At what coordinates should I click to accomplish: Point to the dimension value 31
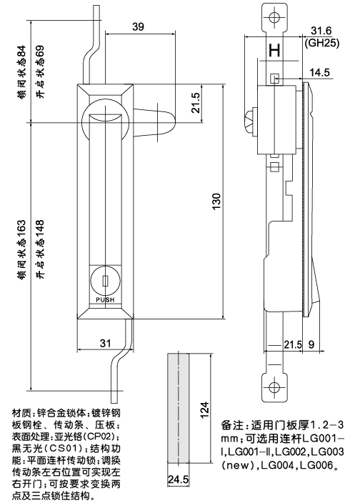pos(105,344)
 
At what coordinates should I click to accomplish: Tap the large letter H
pos(274,51)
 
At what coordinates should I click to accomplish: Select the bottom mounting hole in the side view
pos(273,389)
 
